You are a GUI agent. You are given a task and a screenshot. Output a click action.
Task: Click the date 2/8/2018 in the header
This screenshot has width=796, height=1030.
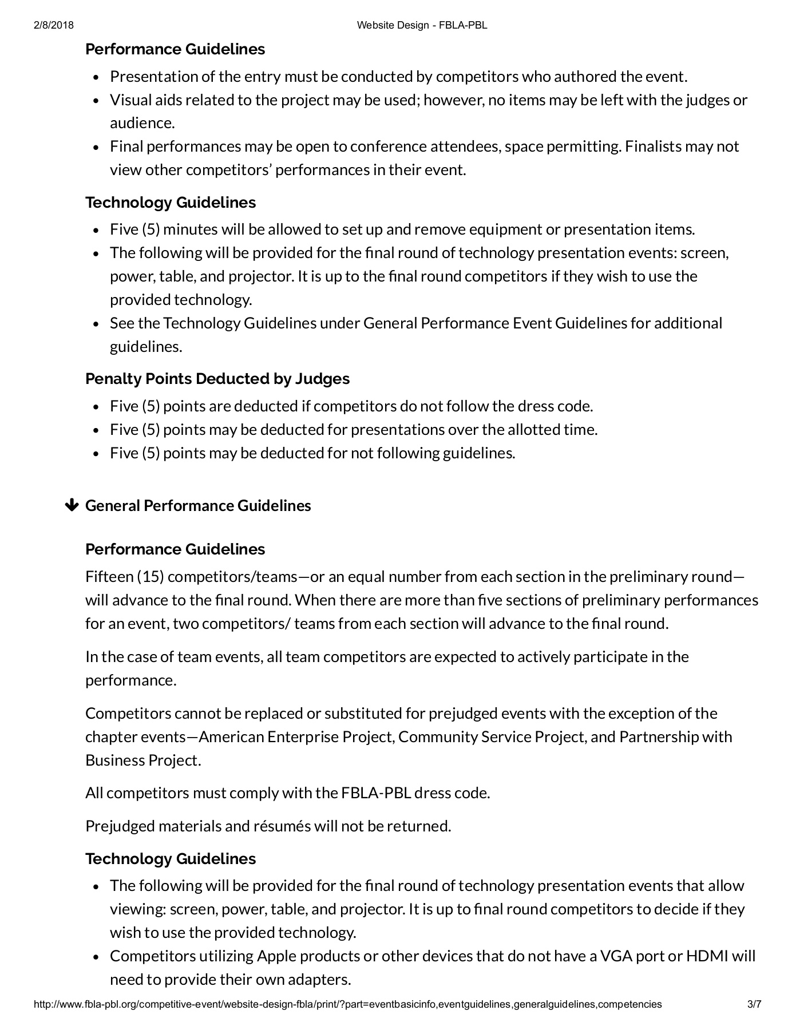click(54, 25)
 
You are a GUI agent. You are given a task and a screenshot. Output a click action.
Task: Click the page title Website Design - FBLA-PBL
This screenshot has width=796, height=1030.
click(422, 25)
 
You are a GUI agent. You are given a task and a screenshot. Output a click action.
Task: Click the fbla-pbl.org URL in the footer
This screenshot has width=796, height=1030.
click(348, 1004)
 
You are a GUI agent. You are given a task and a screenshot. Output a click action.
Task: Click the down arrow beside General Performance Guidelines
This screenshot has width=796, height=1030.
click(72, 505)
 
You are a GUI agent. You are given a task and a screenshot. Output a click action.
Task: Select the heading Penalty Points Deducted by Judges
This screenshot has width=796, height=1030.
click(217, 379)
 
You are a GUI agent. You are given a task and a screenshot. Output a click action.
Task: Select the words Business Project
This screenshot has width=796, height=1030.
click(142, 760)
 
